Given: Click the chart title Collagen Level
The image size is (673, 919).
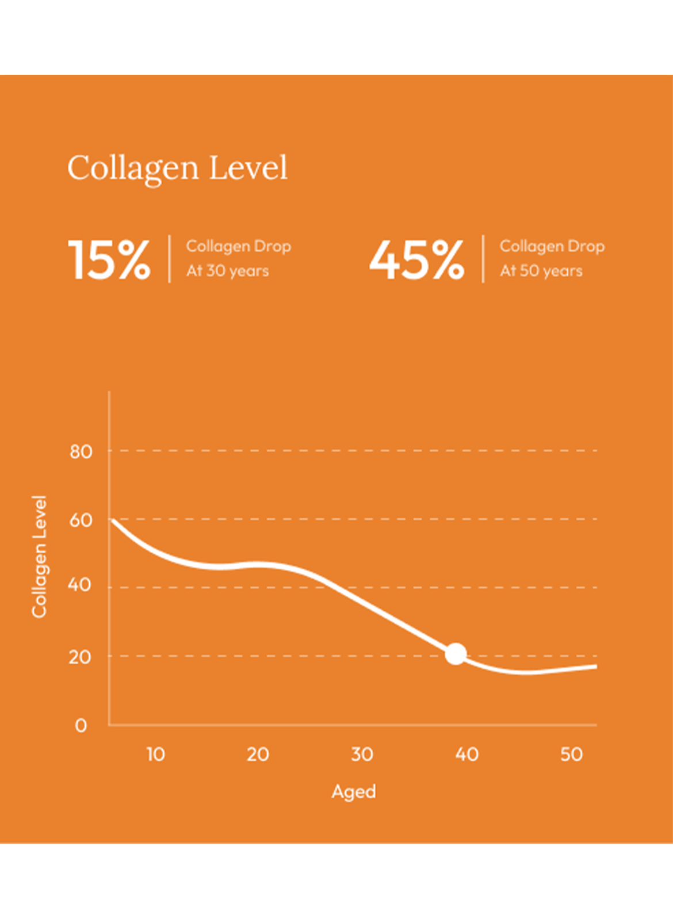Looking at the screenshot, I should [177, 167].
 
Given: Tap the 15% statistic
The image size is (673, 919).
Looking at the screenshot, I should [109, 259].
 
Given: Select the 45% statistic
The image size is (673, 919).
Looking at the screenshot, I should [416, 259].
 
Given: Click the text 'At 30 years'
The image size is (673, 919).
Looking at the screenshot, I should [227, 271].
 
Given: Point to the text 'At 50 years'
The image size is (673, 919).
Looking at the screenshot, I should [541, 271].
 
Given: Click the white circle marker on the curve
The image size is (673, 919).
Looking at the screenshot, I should [456, 654].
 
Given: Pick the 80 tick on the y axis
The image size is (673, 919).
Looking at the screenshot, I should [81, 452].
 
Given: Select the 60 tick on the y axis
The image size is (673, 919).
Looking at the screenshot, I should [81, 520].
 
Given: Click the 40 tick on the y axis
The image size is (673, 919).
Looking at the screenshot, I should [80, 585].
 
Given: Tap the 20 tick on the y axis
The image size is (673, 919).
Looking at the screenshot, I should [80, 657].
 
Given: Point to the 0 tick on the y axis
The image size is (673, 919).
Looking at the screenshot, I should [81, 726].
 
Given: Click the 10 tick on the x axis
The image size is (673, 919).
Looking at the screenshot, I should [155, 754].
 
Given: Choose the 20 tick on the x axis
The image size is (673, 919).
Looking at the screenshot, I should [258, 754].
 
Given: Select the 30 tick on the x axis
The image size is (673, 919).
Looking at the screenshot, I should [362, 754].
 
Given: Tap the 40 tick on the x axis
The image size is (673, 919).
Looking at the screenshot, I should [466, 754].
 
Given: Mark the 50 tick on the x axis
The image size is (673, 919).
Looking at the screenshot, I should [571, 754].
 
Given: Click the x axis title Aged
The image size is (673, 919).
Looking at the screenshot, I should [354, 792].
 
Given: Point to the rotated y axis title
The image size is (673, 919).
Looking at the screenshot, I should [39, 557].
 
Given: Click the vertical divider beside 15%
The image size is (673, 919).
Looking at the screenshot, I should [169, 259].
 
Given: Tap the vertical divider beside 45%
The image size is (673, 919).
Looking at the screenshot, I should [483, 259].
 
